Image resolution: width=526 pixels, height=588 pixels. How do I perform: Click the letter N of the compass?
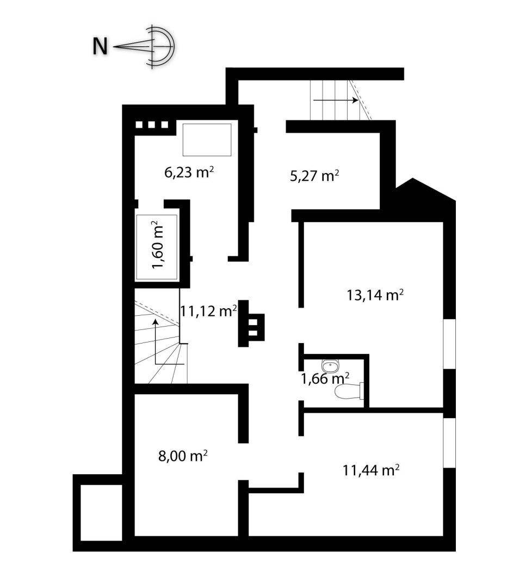point(100,47)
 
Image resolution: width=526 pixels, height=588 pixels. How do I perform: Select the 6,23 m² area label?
point(189,172)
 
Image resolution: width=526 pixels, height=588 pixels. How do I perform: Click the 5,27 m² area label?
point(315,175)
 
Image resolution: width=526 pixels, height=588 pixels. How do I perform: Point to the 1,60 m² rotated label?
point(157,244)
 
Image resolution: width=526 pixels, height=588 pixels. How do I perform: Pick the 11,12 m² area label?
point(209,310)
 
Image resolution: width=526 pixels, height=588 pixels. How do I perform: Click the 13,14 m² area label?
point(375,295)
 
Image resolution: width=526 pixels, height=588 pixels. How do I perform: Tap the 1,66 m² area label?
point(325,378)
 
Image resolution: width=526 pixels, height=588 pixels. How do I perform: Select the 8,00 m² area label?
point(183,456)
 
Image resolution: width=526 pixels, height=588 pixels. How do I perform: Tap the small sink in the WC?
point(330,365)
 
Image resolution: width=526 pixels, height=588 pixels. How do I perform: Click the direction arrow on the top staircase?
point(336,100)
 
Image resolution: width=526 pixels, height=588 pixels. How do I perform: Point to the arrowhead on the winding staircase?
point(154,321)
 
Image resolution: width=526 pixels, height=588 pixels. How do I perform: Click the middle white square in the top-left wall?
point(152,125)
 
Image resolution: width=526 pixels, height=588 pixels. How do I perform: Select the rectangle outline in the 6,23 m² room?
point(207,139)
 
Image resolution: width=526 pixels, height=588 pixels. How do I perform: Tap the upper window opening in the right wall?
point(449,345)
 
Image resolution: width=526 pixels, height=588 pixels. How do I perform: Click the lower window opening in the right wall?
point(449,443)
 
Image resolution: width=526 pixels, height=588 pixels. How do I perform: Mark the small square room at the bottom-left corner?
point(101,513)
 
